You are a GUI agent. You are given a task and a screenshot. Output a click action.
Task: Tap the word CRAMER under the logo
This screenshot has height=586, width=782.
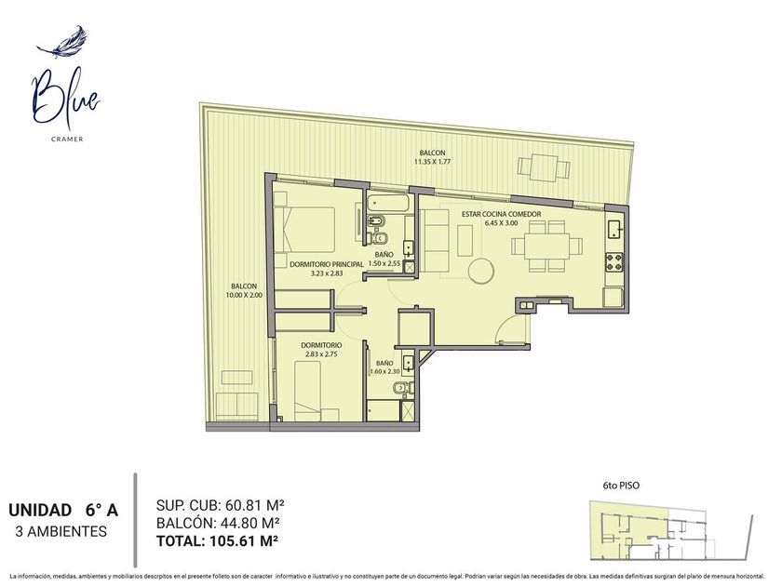click(67, 139)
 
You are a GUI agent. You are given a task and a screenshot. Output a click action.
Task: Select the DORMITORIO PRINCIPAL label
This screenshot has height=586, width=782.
click(326, 264)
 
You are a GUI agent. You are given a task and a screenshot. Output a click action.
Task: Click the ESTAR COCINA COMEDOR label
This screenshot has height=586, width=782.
click(501, 214)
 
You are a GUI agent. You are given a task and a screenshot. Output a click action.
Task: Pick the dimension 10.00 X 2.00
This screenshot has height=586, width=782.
click(244, 295)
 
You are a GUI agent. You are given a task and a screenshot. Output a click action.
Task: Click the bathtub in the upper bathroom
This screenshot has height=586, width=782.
click(388, 204)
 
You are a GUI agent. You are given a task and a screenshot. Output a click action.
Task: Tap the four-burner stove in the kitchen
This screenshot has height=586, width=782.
click(613, 262)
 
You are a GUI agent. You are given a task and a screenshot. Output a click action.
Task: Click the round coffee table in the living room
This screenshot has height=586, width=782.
click(481, 271)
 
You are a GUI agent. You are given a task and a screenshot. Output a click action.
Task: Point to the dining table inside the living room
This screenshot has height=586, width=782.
click(546, 246)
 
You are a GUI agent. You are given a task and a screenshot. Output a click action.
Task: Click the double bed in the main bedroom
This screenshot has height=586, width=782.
click(304, 229)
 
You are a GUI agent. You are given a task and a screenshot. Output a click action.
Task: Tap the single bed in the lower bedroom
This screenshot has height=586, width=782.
click(307, 392)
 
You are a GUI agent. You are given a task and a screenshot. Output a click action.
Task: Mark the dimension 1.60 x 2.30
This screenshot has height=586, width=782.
click(385, 371)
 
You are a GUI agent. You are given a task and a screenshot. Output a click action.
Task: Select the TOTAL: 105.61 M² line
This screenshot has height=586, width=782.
click(217, 540)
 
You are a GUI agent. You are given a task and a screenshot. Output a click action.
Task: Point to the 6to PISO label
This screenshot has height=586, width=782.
click(620, 485)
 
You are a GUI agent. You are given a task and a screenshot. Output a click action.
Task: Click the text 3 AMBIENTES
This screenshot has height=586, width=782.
click(61, 531)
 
